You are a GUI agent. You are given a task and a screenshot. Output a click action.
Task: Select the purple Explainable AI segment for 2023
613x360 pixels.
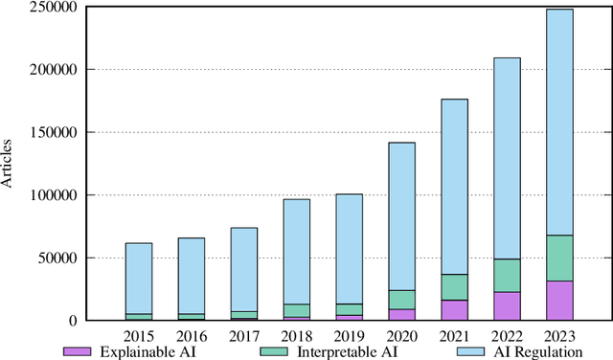(x=559, y=301)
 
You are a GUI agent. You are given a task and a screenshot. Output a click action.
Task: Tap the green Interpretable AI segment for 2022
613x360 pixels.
(x=507, y=275)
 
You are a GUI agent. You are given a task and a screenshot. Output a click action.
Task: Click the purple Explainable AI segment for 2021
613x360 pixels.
(x=454, y=310)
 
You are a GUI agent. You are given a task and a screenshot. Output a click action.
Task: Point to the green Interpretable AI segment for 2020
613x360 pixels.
(x=401, y=300)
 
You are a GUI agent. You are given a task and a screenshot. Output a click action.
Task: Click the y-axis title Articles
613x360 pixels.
(x=9, y=164)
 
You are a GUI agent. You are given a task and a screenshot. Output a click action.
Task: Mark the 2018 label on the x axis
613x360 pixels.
(x=296, y=336)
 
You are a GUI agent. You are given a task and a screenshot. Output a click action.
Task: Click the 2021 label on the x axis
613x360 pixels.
(x=454, y=336)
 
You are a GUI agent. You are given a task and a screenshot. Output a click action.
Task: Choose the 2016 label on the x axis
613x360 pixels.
(x=192, y=336)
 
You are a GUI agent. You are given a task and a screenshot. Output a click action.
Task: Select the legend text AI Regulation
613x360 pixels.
(x=529, y=352)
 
